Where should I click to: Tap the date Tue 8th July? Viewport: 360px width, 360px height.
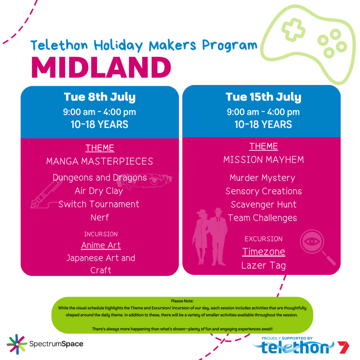tap(99, 97)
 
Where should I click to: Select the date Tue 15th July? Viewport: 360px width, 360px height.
tap(263, 97)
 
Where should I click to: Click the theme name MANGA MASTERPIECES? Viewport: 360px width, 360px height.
tap(99, 161)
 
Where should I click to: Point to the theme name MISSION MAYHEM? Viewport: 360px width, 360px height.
tap(264, 160)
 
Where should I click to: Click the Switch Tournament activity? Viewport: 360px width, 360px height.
tap(99, 204)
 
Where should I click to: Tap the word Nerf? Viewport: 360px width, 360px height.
tap(99, 217)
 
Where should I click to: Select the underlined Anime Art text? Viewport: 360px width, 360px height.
tap(101, 245)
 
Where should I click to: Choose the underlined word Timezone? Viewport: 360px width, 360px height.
tap(264, 252)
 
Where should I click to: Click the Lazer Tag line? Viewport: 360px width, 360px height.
tap(264, 265)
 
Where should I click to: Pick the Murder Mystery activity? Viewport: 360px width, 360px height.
tap(262, 178)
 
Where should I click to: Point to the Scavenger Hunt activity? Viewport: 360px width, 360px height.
tap(264, 205)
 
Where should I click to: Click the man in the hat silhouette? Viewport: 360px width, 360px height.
tap(218, 237)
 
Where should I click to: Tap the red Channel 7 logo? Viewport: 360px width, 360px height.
tap(343, 347)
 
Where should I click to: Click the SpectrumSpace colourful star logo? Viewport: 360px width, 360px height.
tap(17, 344)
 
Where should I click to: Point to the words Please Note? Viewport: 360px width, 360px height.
tap(182, 301)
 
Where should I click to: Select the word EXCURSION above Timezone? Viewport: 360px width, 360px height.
tap(264, 239)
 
